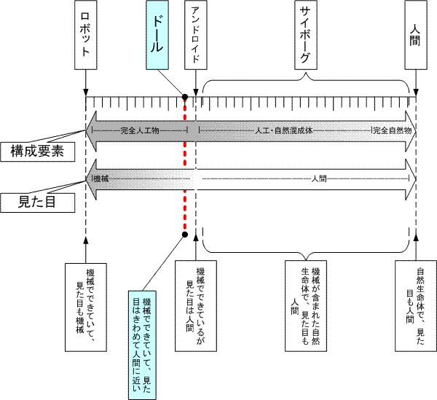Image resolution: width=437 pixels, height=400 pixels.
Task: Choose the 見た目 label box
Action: click(x=37, y=202)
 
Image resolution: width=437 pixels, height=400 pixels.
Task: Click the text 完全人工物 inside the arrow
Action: click(x=143, y=130)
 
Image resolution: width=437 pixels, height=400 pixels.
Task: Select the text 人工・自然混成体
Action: click(x=283, y=130)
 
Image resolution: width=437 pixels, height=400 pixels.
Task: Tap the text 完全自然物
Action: click(x=393, y=130)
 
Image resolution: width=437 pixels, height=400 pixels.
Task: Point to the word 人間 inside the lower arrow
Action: click(x=318, y=178)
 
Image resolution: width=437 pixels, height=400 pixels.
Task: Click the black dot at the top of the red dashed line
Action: click(x=185, y=97)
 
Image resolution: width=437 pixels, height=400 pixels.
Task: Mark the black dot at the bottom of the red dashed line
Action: click(x=185, y=235)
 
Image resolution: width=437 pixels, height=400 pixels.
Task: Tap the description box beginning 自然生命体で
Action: click(x=415, y=299)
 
